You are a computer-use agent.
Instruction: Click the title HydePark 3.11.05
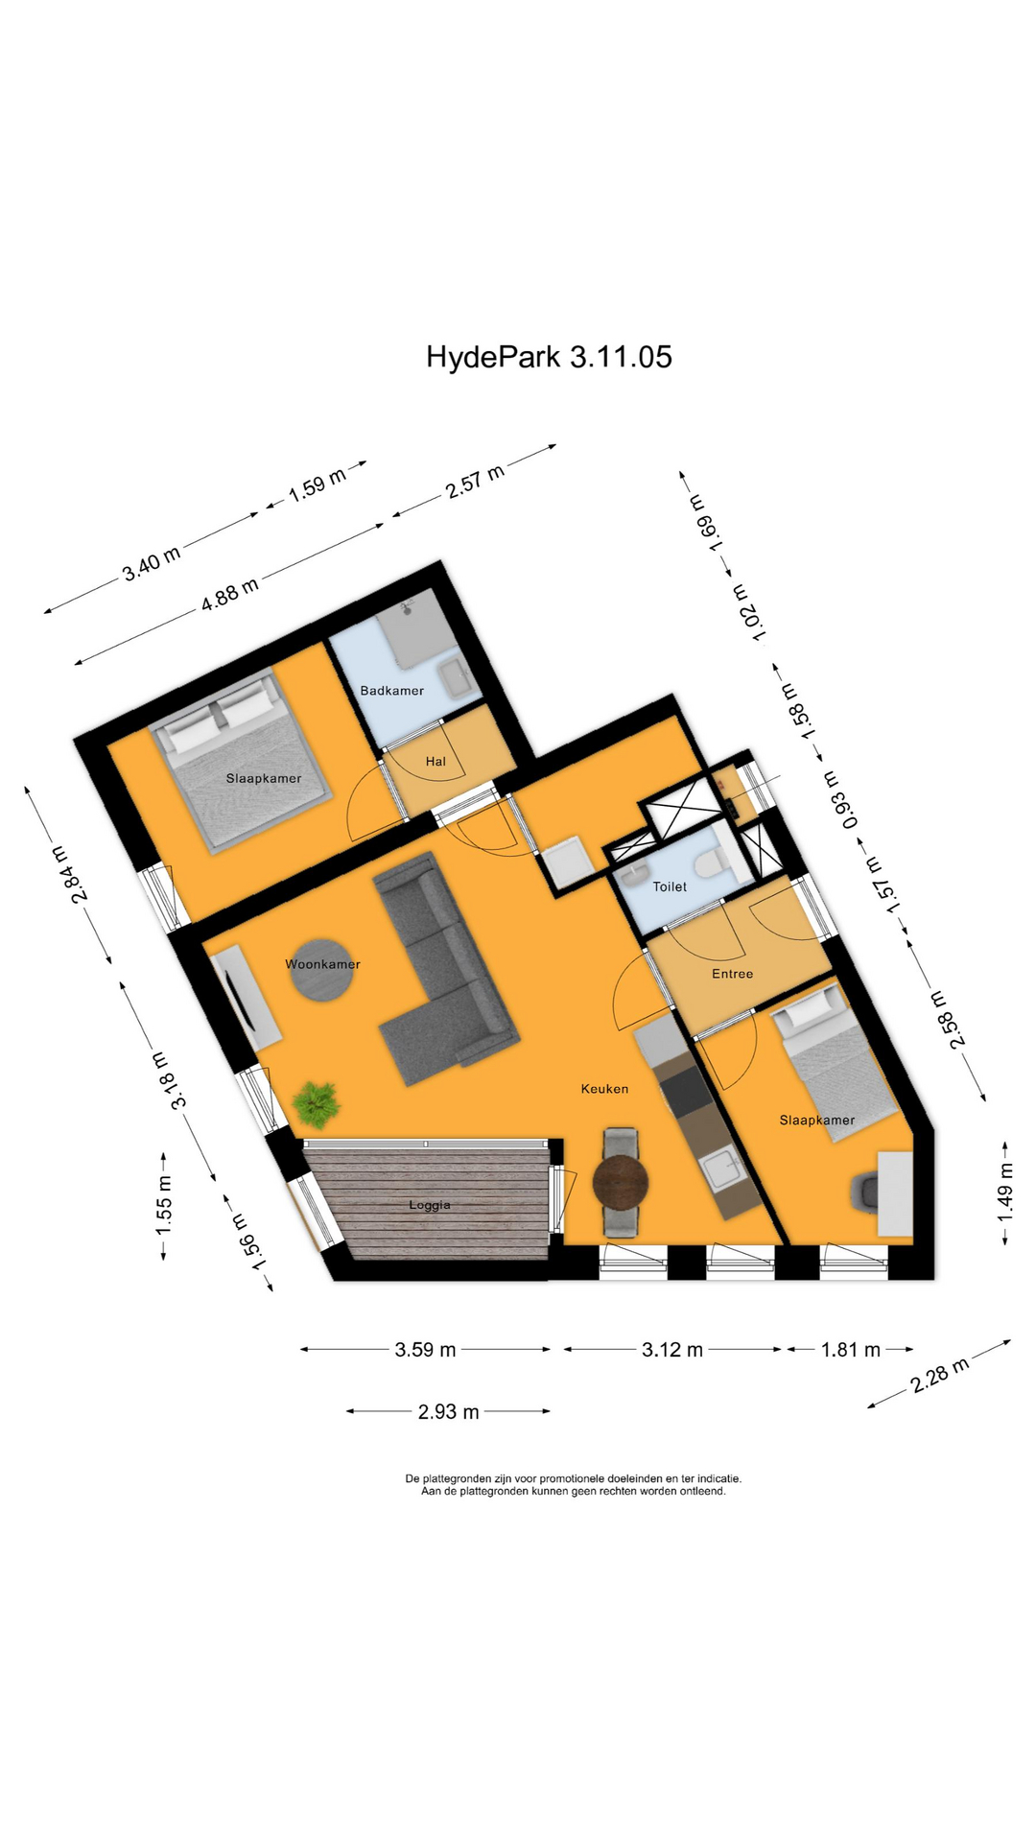(549, 357)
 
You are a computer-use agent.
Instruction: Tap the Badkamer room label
(391, 691)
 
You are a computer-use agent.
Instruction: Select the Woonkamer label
(322, 964)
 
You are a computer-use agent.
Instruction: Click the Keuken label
(604, 1089)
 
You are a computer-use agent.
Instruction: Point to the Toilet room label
(670, 887)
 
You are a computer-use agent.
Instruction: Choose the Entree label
(732, 974)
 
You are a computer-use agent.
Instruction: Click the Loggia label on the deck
(429, 1205)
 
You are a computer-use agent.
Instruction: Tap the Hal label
(436, 762)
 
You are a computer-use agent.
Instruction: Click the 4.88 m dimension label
(229, 594)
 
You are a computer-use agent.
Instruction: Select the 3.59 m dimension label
(425, 1350)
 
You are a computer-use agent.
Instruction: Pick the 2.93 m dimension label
(448, 1411)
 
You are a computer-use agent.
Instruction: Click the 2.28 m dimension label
(939, 1375)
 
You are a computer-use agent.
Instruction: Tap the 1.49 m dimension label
(1004, 1193)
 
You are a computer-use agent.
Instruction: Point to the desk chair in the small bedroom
(864, 1193)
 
